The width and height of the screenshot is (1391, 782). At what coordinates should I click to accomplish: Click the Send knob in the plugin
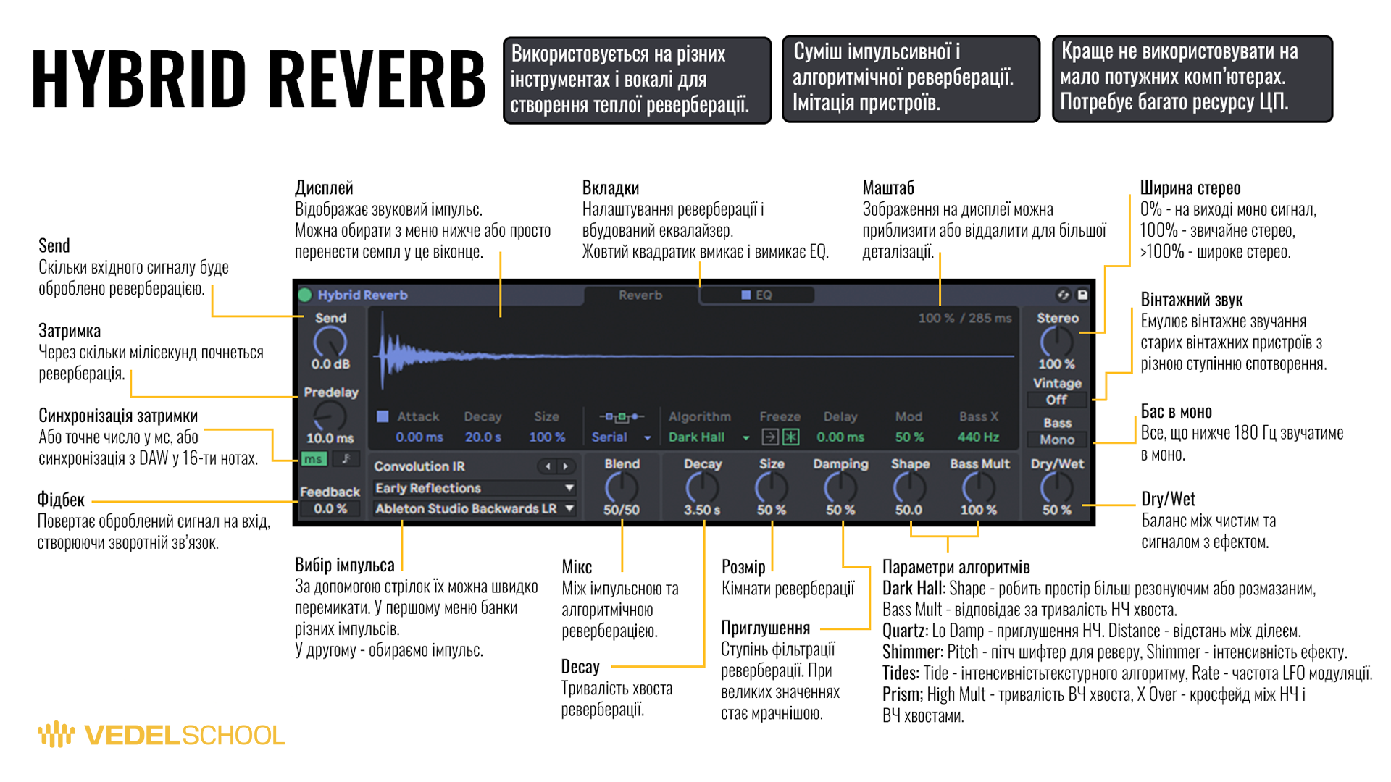point(330,341)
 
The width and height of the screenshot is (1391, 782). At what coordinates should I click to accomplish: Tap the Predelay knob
point(330,416)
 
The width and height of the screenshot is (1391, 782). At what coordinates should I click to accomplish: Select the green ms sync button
point(313,458)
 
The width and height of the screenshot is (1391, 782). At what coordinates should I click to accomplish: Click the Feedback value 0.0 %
point(330,508)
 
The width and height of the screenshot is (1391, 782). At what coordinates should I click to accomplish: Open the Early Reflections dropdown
point(475,488)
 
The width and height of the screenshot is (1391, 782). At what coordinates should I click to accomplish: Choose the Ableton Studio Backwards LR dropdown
point(475,508)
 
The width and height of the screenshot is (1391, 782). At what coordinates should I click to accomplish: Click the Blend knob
point(621,488)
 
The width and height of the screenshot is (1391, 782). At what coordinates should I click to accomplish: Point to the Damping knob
point(840,488)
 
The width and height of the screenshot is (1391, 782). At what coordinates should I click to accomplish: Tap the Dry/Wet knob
point(1056,488)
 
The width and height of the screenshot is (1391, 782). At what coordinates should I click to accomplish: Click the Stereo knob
point(1056,341)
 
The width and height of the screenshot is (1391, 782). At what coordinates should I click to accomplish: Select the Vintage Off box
point(1056,400)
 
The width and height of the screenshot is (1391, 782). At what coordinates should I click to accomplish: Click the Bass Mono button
point(1056,439)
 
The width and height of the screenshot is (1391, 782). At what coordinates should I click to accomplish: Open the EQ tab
point(757,295)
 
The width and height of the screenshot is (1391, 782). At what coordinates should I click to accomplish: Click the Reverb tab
point(640,295)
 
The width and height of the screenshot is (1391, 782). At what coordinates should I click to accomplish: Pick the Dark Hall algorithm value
point(697,437)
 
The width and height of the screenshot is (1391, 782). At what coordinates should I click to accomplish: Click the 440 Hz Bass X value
point(978,437)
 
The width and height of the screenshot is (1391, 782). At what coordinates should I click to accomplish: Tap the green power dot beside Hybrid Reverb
point(305,295)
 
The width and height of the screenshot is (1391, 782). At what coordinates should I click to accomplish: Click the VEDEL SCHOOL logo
point(161,735)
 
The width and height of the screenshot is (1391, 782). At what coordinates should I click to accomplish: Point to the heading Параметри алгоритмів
point(956,567)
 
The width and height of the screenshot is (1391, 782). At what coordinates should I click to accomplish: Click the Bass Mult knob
point(978,488)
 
